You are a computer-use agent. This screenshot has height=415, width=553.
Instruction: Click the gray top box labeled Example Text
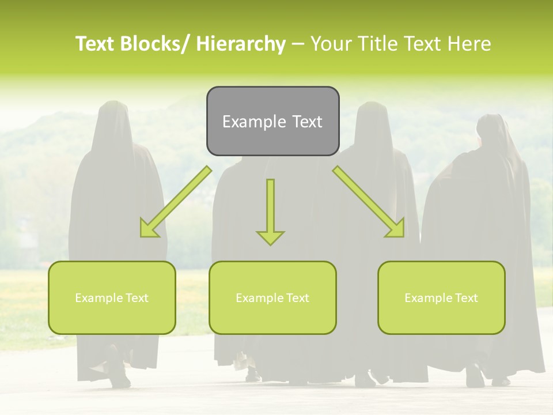[272, 121]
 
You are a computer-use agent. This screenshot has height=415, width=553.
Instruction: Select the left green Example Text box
[112, 297]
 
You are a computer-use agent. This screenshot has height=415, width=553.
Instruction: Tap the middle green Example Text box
[272, 297]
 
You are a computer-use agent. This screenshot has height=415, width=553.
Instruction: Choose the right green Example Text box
[441, 297]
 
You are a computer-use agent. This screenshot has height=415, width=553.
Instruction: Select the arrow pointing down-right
[369, 202]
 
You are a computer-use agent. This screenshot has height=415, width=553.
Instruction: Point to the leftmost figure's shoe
[120, 378]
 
